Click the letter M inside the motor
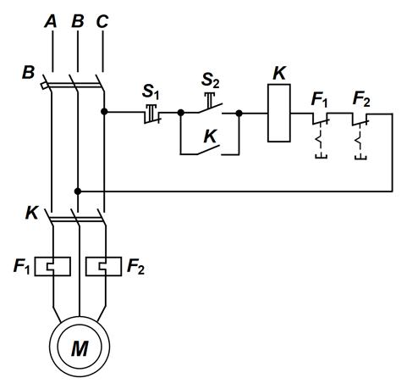tap(80, 348)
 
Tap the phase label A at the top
tap(51, 21)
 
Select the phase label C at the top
tap(102, 21)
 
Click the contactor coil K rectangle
tap(279, 113)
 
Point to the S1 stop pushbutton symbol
tap(152, 114)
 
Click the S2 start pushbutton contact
tap(210, 105)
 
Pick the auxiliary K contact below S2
tap(209, 150)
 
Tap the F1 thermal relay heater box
tap(52, 266)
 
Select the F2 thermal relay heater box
tap(104, 266)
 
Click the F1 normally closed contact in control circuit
tap(321, 136)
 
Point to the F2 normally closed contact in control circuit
tap(360, 136)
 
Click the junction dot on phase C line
tap(104, 112)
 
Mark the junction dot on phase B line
tap(78, 192)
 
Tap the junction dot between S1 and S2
tap(181, 113)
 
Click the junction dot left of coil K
tap(239, 114)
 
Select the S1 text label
tap(151, 92)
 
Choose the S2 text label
tap(210, 80)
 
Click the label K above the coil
tap(279, 74)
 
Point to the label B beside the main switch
tap(28, 72)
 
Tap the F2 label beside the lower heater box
tap(135, 266)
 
